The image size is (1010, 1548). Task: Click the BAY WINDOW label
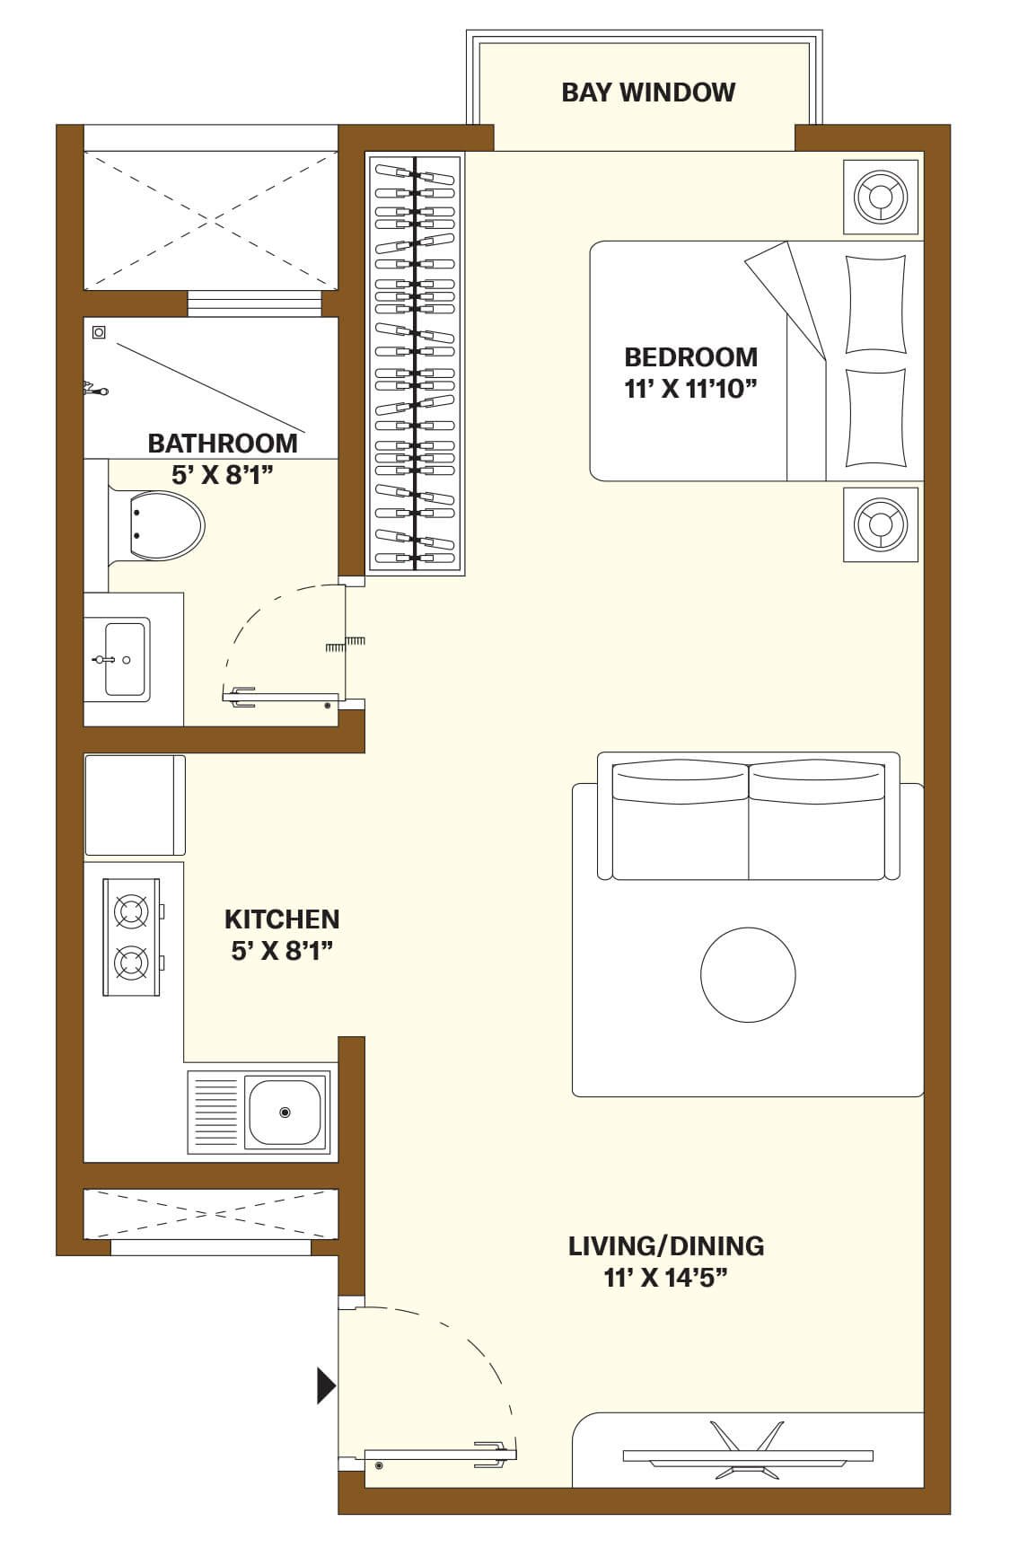click(648, 92)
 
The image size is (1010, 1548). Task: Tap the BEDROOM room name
click(690, 357)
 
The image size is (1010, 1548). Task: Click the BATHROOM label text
click(222, 444)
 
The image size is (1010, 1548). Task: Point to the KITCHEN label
click(282, 919)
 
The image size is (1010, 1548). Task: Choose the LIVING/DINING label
click(666, 1246)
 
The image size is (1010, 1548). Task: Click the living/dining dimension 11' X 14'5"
click(665, 1278)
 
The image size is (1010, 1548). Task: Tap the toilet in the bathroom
click(158, 525)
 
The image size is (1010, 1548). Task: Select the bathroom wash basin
click(126, 660)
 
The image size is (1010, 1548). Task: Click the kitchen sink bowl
click(285, 1113)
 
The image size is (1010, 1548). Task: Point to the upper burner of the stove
click(131, 911)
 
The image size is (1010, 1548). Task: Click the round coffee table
click(748, 974)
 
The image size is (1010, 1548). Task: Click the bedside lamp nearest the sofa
click(881, 524)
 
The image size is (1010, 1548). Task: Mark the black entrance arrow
click(326, 1385)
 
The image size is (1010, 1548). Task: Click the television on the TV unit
click(748, 1455)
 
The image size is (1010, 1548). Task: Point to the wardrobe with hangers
click(415, 364)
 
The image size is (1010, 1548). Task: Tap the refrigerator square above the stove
click(135, 805)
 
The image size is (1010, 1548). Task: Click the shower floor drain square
click(99, 333)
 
